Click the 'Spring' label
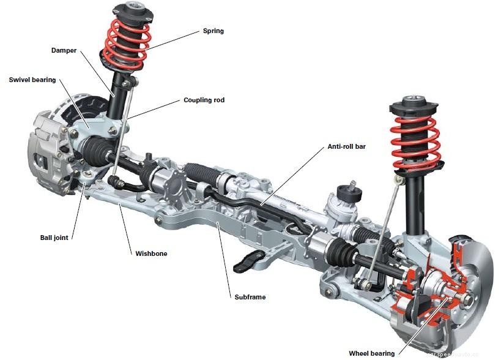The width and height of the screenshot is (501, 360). click(x=213, y=31)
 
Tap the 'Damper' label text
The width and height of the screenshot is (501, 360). click(x=64, y=51)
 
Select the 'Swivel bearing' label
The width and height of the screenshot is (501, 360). click(x=32, y=80)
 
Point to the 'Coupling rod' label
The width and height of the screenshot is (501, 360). click(x=204, y=100)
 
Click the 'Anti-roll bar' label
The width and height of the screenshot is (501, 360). click(x=346, y=146)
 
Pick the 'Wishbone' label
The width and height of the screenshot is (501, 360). click(x=151, y=253)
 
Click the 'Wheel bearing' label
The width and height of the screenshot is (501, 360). click(x=371, y=353)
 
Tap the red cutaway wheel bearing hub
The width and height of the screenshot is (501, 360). click(x=428, y=288)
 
